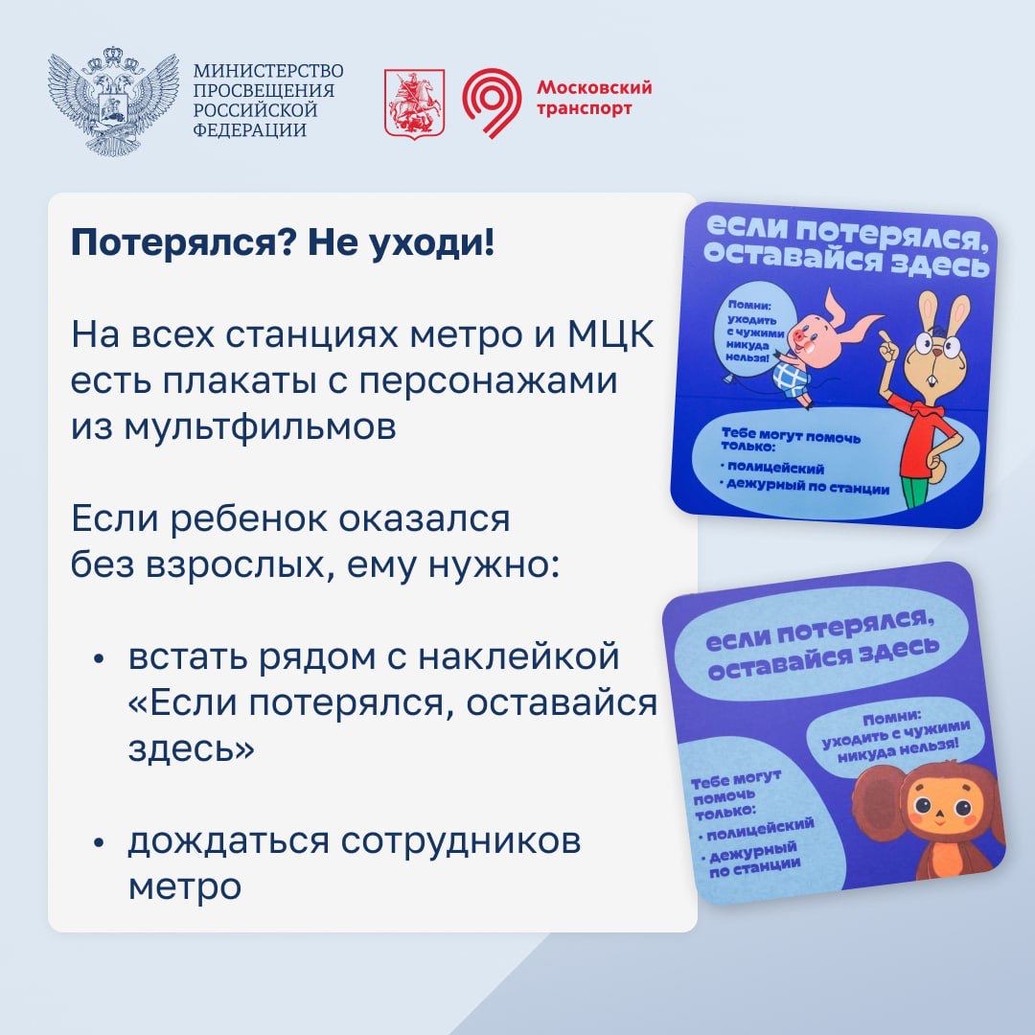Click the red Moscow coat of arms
(415, 103)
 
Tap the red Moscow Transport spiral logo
(492, 103)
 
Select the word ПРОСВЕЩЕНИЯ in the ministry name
(264, 90)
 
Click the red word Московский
(594, 87)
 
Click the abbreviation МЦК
(610, 334)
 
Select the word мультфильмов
(234, 427)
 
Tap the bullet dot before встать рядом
(99, 658)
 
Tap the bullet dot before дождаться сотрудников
(99, 843)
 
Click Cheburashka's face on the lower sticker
(944, 811)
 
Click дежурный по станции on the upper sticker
(806, 486)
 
